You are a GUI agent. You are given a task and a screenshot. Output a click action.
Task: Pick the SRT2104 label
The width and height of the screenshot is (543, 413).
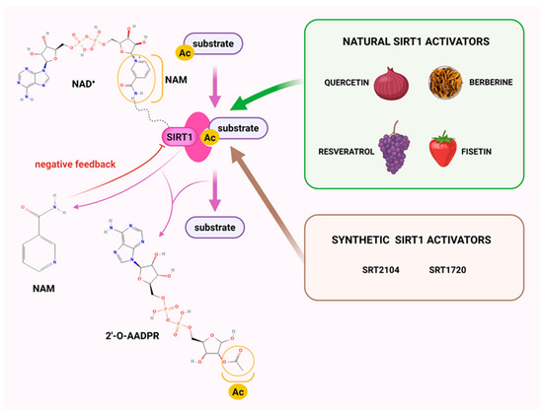[385, 269]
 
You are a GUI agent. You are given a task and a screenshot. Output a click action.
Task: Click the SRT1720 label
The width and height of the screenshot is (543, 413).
[452, 269]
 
